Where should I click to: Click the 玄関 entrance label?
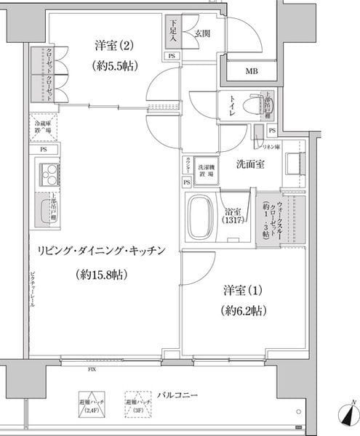[201, 33]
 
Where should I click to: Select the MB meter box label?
[250, 70]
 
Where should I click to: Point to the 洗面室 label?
[249, 164]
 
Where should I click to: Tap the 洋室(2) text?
[115, 46]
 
